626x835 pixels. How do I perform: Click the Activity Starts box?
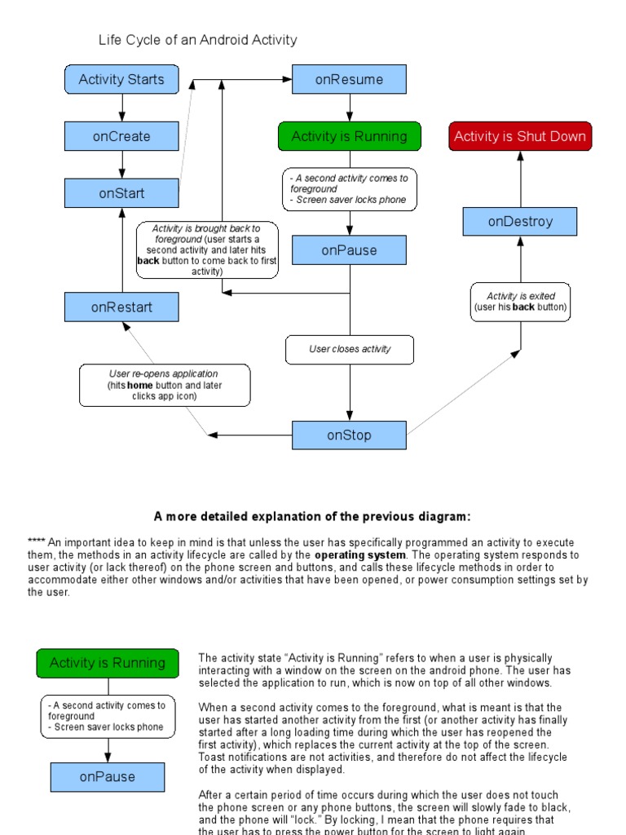click(x=121, y=79)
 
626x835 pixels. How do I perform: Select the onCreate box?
click(x=121, y=136)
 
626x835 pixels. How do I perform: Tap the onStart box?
click(x=121, y=193)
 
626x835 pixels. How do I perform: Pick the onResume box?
click(x=349, y=79)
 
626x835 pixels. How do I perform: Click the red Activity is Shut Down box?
click(x=520, y=136)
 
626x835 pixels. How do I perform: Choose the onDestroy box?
click(x=520, y=221)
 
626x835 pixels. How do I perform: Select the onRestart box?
click(x=121, y=307)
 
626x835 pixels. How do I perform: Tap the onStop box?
click(x=349, y=435)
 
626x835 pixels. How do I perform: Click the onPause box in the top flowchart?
click(x=349, y=250)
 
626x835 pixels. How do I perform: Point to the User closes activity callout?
click(x=350, y=349)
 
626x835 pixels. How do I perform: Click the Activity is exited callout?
click(x=520, y=302)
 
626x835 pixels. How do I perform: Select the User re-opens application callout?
click(x=165, y=385)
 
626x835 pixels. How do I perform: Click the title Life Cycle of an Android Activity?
click(x=198, y=39)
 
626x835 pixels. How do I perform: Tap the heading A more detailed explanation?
click(x=312, y=516)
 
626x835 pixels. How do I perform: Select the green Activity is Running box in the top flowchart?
click(x=349, y=136)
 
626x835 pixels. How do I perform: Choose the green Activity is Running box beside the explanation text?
click(x=107, y=663)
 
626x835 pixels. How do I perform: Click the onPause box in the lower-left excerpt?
click(x=107, y=777)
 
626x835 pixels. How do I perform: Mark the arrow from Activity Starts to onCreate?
click(x=121, y=108)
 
